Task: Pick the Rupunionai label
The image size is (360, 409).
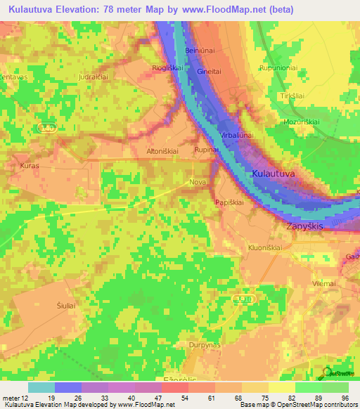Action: pos(279,67)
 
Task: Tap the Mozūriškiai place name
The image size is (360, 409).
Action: pos(302,121)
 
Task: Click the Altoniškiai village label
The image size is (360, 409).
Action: pos(162,150)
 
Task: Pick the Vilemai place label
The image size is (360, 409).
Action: pos(324,283)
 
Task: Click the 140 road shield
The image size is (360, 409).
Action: pos(46,126)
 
